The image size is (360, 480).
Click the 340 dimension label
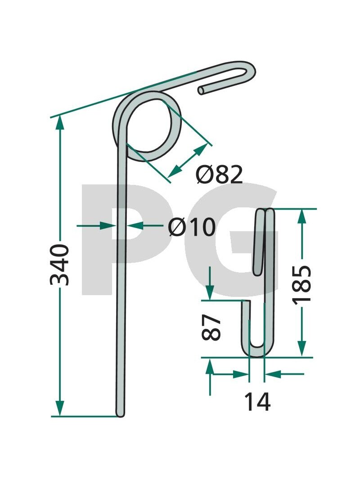point(59,265)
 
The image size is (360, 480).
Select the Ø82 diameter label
point(220,175)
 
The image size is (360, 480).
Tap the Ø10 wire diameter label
point(192,227)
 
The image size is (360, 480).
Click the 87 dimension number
point(211,327)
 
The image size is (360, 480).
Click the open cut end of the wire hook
point(202,90)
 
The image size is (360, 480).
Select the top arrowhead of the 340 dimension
point(60,124)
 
